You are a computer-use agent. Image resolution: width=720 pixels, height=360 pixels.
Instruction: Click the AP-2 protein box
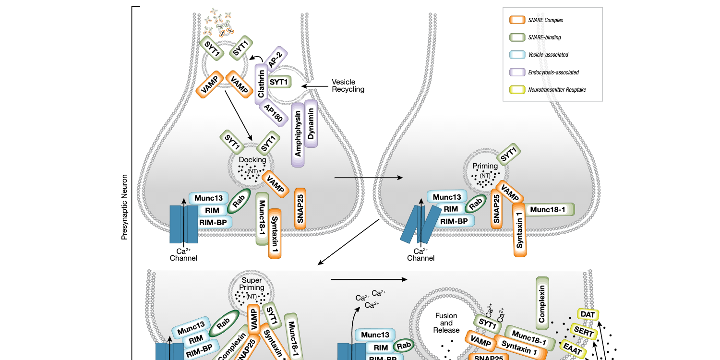click(275, 59)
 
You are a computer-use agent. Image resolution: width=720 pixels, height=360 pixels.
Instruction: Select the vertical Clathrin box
click(261, 84)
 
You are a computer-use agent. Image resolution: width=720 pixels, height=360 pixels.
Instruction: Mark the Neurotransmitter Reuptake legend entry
click(547, 90)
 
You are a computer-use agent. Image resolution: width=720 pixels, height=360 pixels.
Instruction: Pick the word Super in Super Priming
click(252, 280)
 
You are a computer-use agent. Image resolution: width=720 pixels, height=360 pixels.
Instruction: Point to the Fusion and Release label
click(446, 323)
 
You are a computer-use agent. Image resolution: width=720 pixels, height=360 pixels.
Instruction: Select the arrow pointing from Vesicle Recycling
click(317, 86)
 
